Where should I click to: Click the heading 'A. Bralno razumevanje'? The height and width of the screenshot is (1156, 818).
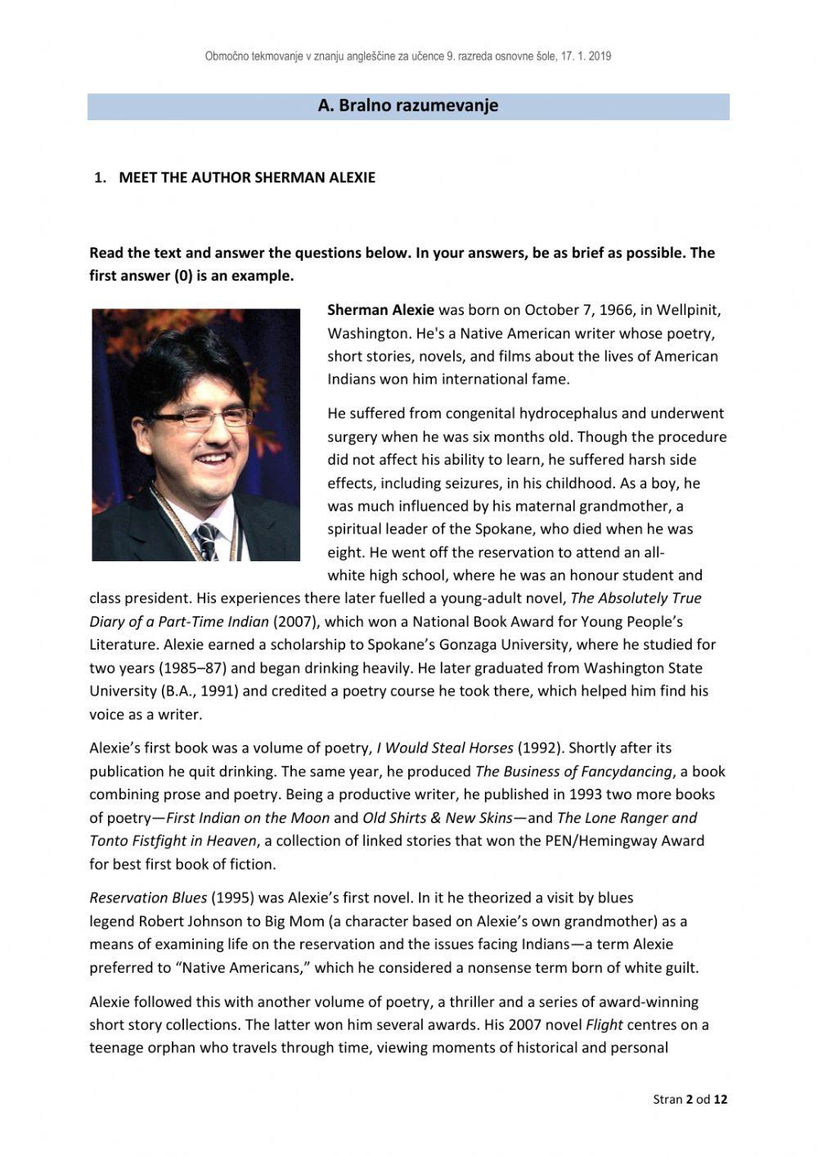click(x=407, y=106)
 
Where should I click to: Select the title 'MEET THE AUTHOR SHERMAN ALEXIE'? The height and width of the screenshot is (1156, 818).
click(x=247, y=178)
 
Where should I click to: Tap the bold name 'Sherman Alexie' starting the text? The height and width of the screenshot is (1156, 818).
click(x=380, y=310)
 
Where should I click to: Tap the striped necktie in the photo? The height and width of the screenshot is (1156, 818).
click(x=205, y=539)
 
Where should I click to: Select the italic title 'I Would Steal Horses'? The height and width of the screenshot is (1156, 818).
click(x=445, y=748)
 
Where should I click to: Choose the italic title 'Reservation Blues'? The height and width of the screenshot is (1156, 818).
click(x=148, y=897)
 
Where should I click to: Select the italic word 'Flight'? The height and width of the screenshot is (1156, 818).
click(x=604, y=1024)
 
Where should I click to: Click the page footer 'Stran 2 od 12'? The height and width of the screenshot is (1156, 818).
click(x=690, y=1099)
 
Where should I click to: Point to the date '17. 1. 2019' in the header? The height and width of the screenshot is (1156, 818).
click(x=587, y=56)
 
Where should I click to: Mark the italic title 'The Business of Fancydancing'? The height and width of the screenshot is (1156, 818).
click(x=573, y=771)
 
